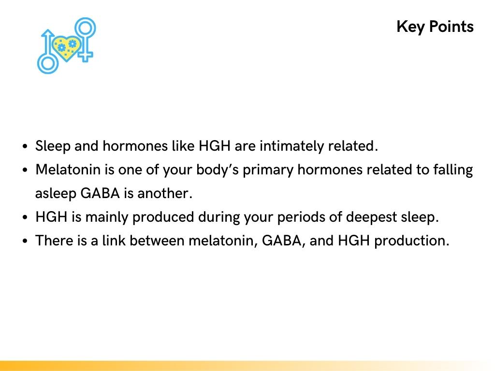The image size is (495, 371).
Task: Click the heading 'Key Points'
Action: point(435,27)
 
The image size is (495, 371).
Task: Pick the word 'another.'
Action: point(165,194)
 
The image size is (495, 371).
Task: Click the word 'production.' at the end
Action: point(412,241)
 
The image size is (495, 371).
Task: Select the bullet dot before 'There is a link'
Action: point(25,241)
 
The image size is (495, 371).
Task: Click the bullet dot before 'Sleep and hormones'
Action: point(25,146)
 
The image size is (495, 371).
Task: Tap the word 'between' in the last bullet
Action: point(156,241)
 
